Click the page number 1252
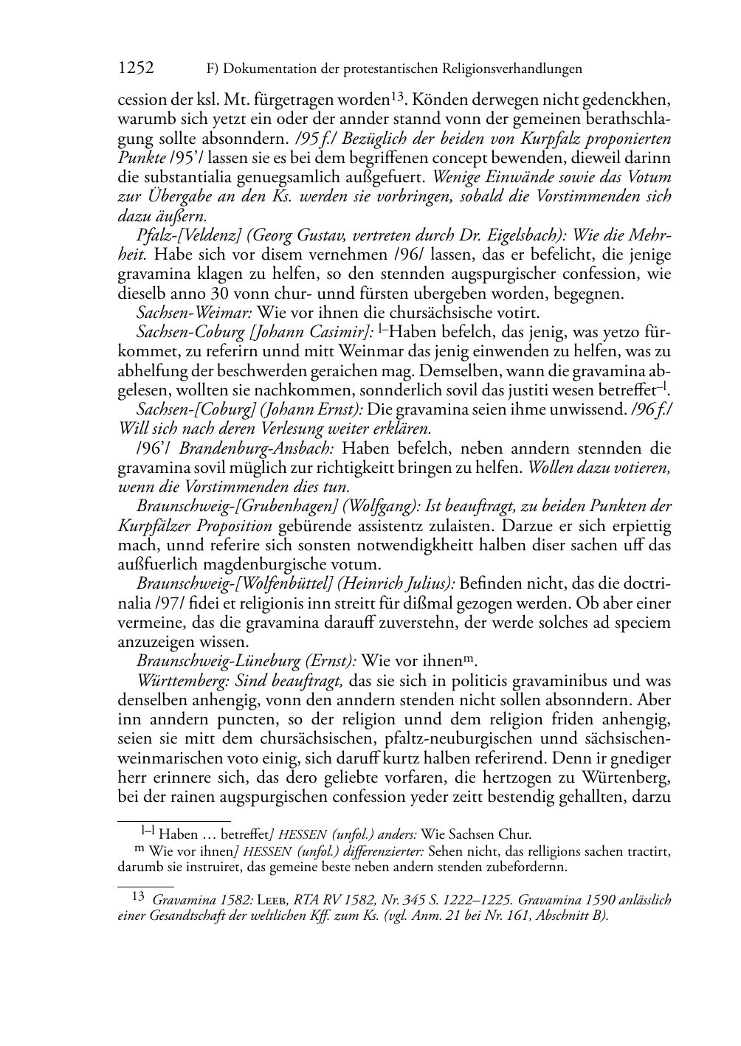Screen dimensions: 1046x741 pos(136,69)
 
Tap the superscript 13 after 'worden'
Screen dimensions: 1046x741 pos(396,96)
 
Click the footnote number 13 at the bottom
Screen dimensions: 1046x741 pos(137,899)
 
